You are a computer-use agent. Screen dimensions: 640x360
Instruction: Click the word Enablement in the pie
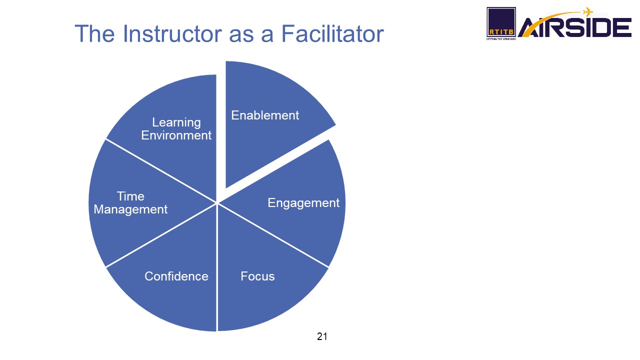coord(265,115)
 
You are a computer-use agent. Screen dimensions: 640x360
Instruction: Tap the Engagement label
coord(303,203)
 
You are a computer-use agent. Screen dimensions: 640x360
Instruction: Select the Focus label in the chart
coord(257,276)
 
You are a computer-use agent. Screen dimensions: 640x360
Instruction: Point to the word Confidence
coord(176,276)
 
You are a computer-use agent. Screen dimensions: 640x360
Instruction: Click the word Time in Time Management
coord(130,196)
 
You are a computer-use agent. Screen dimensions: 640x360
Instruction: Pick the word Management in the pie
coord(130,209)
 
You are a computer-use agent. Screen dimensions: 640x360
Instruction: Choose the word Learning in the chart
coord(176,123)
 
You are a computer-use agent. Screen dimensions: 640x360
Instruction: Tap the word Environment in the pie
coord(176,135)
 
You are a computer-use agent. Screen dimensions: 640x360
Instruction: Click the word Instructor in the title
coord(172,34)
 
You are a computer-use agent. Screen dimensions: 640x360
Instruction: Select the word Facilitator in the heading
coord(332,33)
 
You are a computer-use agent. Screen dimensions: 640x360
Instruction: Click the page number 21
coord(322,336)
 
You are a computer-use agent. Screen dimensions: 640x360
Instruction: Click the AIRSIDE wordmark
coord(575,27)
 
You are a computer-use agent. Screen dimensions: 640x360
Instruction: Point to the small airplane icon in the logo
coord(587,11)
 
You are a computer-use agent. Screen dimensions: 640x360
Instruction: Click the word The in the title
coord(94,34)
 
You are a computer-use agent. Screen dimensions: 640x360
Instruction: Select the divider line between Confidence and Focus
coord(217,267)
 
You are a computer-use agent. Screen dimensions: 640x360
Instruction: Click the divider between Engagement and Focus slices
coord(273,235)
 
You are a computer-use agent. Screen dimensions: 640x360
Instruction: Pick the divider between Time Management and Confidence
coord(161,235)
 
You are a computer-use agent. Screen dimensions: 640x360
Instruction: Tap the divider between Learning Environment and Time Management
coord(161,171)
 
